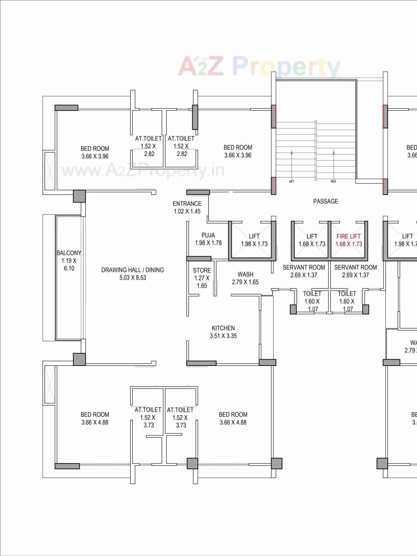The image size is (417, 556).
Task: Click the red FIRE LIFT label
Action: [349, 236]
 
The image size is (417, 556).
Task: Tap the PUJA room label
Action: [208, 235]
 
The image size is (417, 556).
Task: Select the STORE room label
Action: [202, 270]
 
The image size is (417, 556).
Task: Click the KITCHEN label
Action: [223, 328]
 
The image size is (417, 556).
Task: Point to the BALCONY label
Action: [69, 253]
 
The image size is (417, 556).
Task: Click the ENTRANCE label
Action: [187, 204]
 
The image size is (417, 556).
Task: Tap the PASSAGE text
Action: [325, 201]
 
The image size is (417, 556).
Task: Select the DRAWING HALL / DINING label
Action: [133, 270]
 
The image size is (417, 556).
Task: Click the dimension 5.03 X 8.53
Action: [133, 278]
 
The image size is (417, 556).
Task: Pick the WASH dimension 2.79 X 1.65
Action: [245, 282]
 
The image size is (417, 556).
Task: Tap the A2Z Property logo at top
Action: [259, 67]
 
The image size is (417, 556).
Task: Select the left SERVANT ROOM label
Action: [304, 267]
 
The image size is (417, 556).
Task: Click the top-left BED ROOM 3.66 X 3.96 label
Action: [95, 152]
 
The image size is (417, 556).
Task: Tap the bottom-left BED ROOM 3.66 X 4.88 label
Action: [95, 418]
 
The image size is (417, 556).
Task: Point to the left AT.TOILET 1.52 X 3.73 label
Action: [148, 417]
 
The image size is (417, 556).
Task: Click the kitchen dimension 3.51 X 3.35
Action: [223, 336]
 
